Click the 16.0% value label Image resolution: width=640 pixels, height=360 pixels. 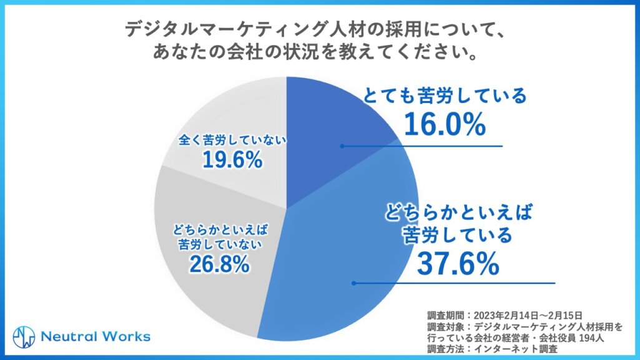click(444, 124)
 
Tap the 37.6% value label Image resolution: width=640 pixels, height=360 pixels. click(458, 264)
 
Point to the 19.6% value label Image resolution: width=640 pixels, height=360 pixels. click(231, 160)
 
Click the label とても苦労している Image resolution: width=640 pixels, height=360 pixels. click(446, 97)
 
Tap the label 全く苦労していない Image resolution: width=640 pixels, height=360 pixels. click(232, 140)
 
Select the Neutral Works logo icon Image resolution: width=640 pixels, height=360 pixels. click(23, 336)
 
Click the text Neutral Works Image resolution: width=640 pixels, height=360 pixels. click(95, 336)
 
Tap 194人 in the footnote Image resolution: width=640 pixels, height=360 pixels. click(591, 337)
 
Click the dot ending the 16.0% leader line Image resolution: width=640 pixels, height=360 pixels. click(342, 146)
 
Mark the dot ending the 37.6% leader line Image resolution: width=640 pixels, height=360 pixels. click(354, 283)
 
